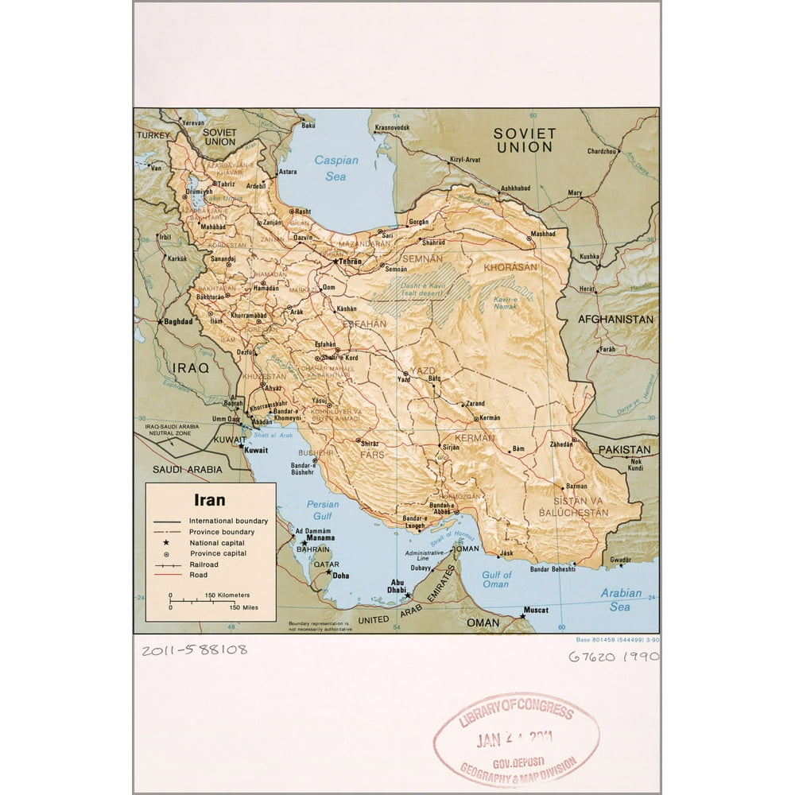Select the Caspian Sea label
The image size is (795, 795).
336,168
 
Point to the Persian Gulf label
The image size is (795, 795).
323,510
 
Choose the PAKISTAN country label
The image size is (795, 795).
624,450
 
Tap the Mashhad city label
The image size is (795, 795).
543,235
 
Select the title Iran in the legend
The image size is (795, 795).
210,500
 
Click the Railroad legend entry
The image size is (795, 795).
204,564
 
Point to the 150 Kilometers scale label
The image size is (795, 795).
227,595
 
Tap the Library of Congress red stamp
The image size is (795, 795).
515,739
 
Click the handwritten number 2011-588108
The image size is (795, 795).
195,650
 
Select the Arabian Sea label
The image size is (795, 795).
621,599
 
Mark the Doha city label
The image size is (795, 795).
341,575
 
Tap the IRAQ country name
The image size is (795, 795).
191,368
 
